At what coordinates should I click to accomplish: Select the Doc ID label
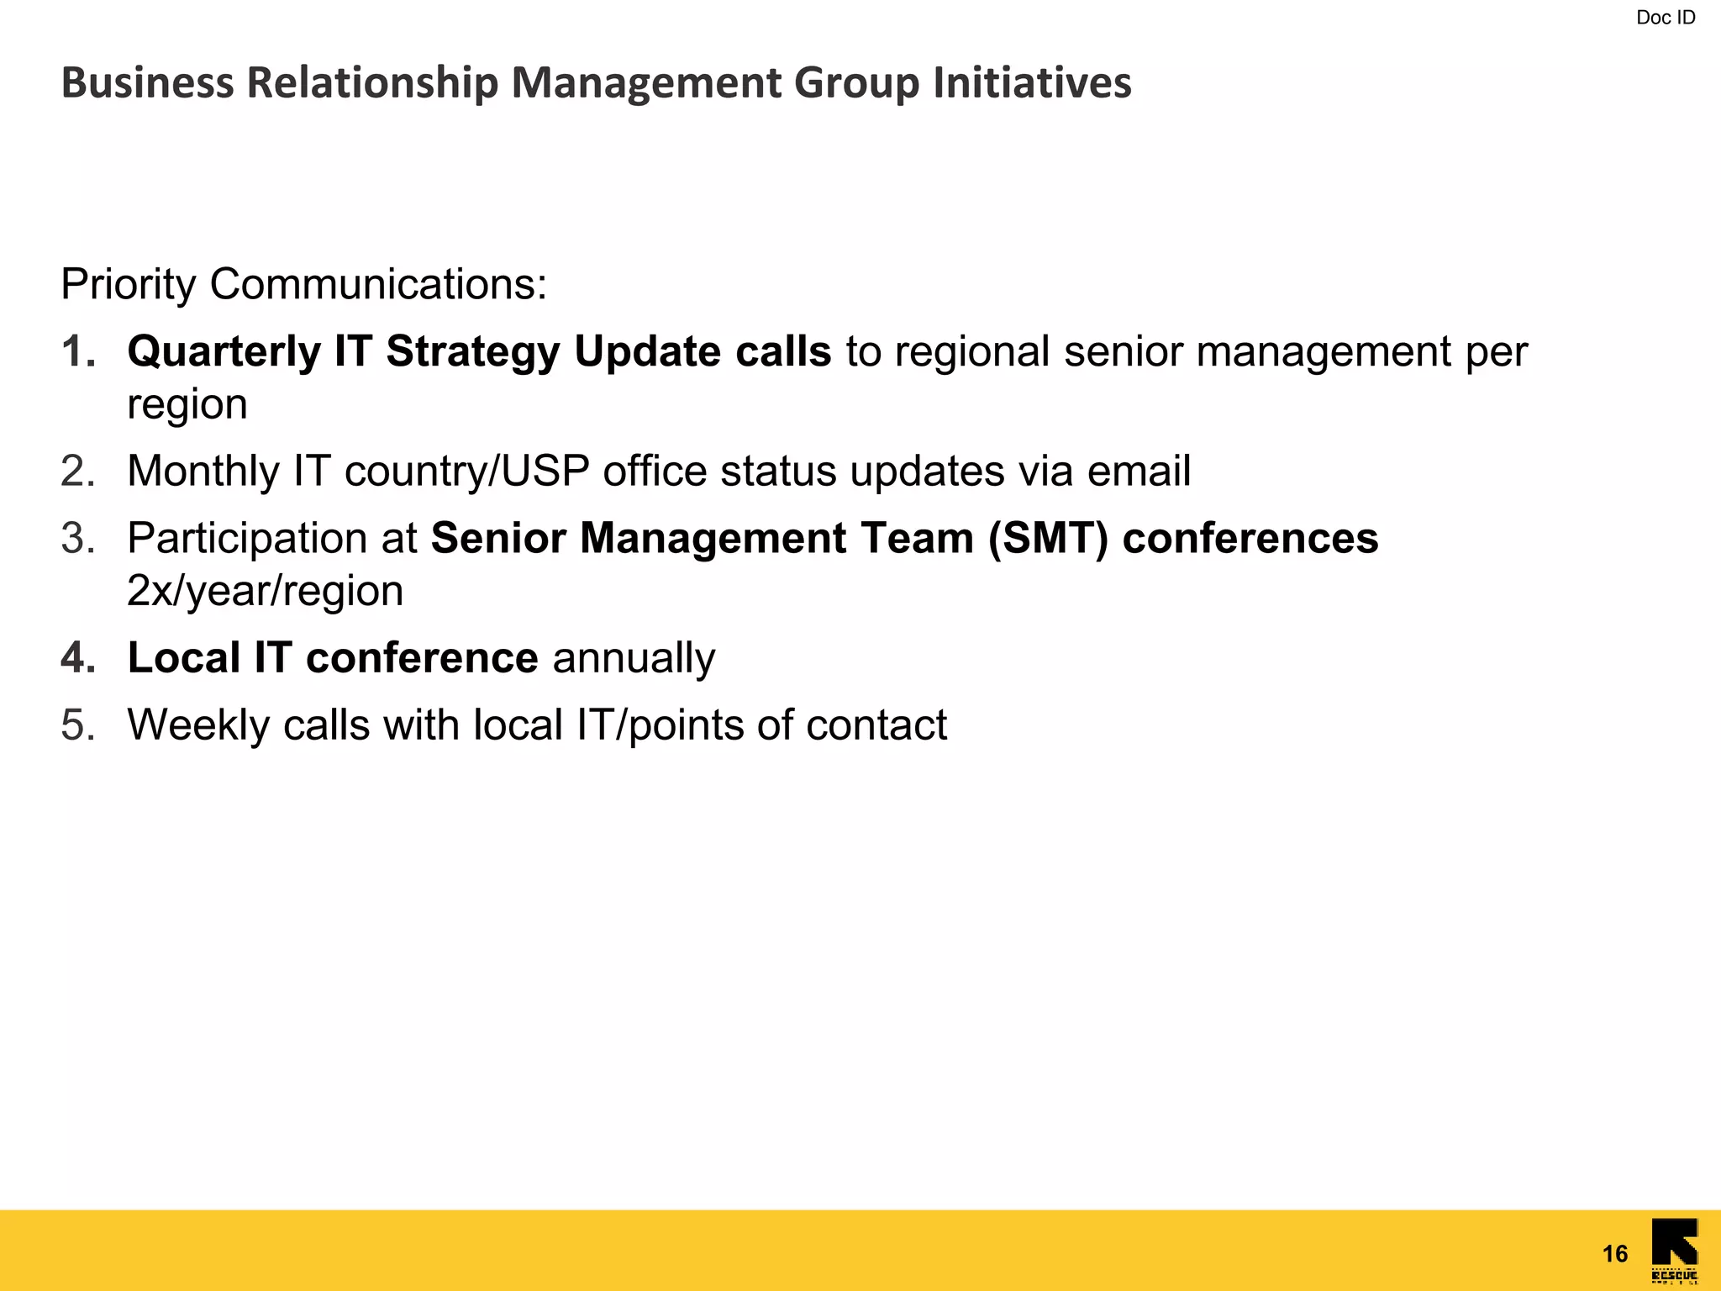pyautogui.click(x=1666, y=18)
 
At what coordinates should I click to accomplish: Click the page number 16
pyautogui.click(x=1614, y=1254)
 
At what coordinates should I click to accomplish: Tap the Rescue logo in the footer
pyautogui.click(x=1674, y=1250)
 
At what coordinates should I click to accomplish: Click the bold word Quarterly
pyautogui.click(x=224, y=351)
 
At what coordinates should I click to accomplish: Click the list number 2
pyautogui.click(x=76, y=471)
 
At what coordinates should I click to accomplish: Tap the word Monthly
pyautogui.click(x=203, y=471)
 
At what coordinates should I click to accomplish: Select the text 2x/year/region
pyautogui.click(x=265, y=591)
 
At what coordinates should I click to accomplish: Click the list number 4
pyautogui.click(x=77, y=657)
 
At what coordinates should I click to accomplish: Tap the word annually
pyautogui.click(x=634, y=657)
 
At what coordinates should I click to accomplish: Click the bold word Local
pyautogui.click(x=183, y=657)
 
